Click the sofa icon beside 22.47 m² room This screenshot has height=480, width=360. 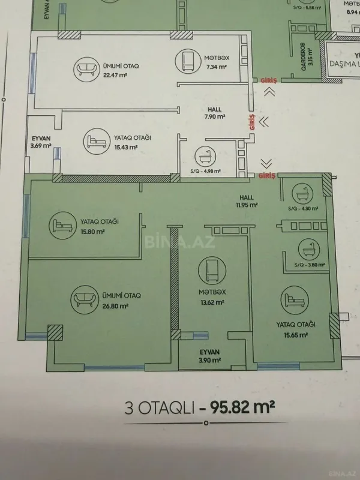click(85, 70)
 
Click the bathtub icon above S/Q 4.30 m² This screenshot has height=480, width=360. click(302, 194)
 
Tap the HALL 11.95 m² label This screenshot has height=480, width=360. click(246, 201)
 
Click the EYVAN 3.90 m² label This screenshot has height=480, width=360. click(210, 356)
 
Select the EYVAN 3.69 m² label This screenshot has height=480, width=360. click(41, 142)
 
